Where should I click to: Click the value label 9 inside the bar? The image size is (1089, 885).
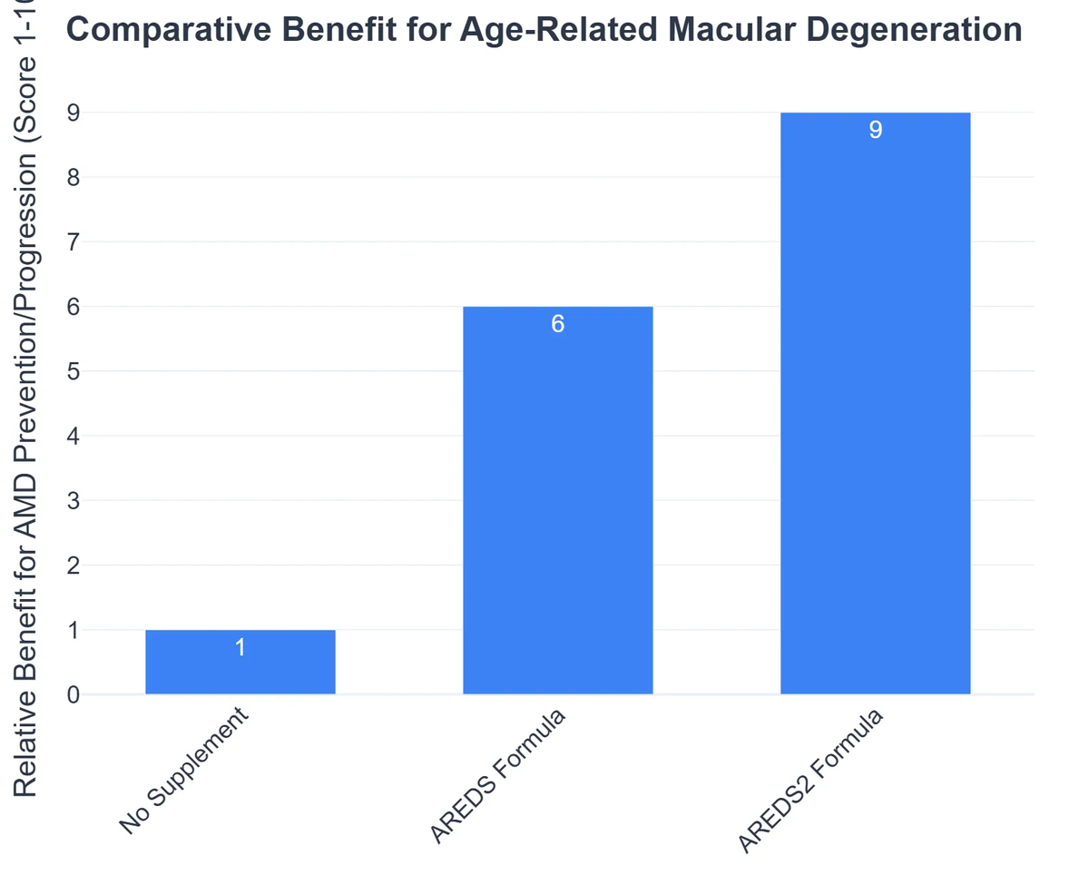coord(875,131)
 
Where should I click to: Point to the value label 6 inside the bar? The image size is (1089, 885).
coord(557,324)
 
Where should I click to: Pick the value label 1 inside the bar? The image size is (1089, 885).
coord(240,647)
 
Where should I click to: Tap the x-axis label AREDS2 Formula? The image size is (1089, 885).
coord(809,782)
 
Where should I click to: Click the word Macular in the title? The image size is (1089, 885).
coord(722,31)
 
